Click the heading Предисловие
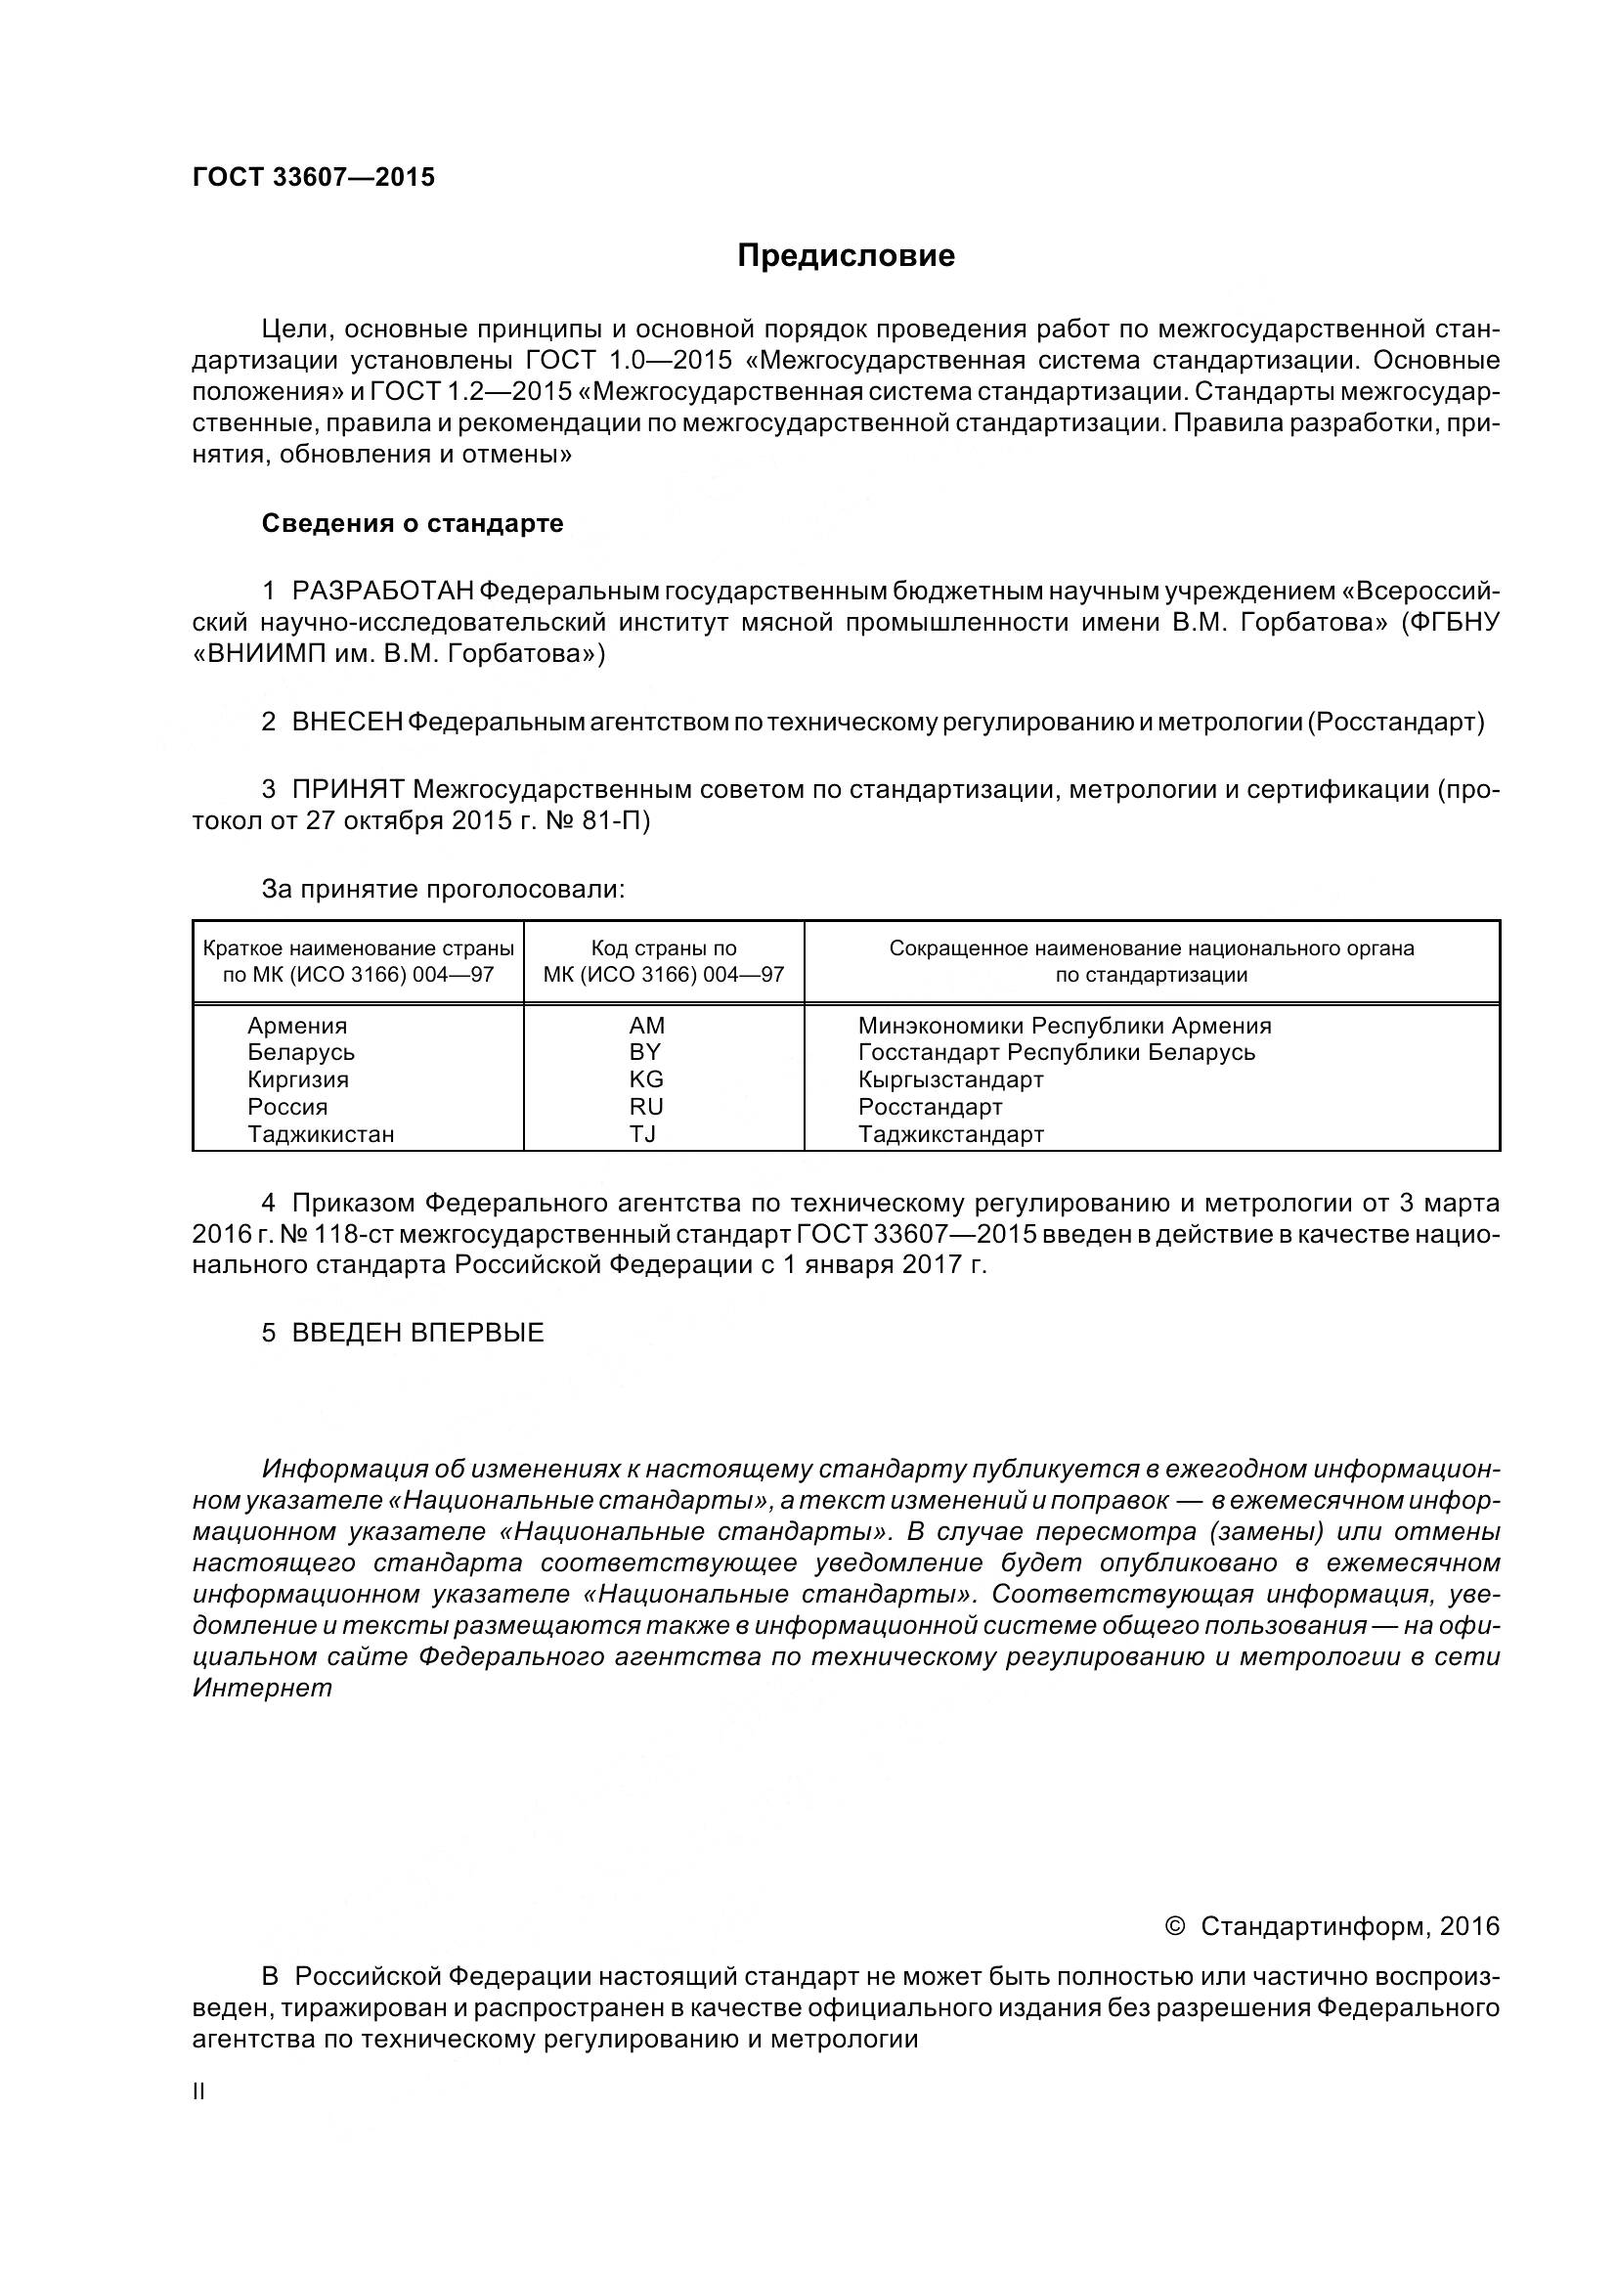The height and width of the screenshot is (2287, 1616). click(846, 256)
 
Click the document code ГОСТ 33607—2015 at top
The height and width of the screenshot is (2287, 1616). click(314, 177)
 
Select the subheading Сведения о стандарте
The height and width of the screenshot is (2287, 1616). click(413, 523)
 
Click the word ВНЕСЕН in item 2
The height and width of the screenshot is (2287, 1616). click(346, 723)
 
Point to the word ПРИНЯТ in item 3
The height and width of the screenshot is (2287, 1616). click(347, 790)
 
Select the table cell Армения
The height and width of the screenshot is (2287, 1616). click(297, 1026)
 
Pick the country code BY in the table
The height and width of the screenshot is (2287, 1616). click(644, 1052)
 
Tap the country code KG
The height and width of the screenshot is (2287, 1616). click(645, 1079)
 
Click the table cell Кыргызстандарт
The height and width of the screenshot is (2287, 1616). click(950, 1079)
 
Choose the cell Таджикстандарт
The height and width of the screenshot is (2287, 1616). click(950, 1133)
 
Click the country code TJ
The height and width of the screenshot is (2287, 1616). click(642, 1133)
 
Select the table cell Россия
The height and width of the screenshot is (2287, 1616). click(286, 1107)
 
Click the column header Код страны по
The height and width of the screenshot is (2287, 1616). click(663, 948)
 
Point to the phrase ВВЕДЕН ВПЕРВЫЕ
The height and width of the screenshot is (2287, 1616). click(417, 1333)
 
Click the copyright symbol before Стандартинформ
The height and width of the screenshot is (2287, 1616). click(1174, 1926)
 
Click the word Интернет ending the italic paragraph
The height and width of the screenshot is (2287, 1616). click(262, 1689)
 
